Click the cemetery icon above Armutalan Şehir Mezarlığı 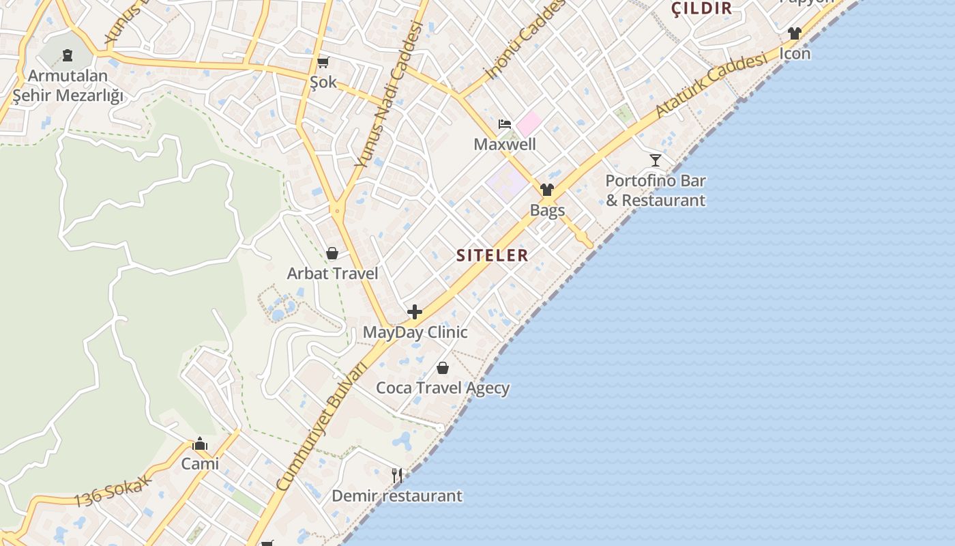coord(68,55)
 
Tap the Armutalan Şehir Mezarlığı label coord(68,86)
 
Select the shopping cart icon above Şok coord(323,63)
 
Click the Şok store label coord(323,82)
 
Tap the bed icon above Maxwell coord(504,124)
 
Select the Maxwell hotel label coord(505,145)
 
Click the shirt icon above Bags coord(546,190)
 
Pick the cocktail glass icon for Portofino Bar coord(656,160)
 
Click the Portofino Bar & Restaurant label coord(656,190)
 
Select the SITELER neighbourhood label coord(492,255)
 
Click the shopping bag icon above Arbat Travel coord(332,254)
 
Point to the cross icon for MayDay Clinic coord(414,313)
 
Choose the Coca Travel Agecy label coord(443,388)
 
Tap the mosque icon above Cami coord(200,444)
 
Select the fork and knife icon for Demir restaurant coord(397,475)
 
